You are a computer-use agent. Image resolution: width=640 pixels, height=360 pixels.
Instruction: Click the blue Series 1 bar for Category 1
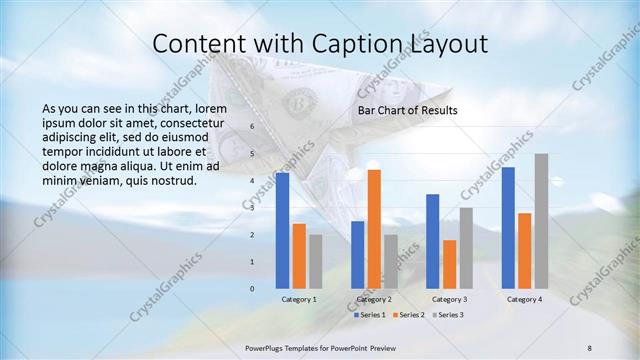point(282,230)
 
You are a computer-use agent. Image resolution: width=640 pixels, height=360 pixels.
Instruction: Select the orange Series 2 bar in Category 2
point(374,229)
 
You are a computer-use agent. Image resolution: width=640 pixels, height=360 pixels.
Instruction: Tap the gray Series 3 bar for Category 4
point(541,221)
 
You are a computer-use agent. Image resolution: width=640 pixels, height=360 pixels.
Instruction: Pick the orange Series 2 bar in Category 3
point(449,264)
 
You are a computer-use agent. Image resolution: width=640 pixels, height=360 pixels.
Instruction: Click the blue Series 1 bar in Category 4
point(508,227)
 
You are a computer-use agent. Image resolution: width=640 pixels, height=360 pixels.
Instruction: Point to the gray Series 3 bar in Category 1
point(315,261)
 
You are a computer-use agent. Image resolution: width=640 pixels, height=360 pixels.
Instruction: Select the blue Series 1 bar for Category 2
point(357,254)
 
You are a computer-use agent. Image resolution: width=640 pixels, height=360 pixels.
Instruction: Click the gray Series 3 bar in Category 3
point(466,248)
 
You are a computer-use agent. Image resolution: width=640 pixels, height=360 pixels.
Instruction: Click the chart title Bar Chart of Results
point(407,110)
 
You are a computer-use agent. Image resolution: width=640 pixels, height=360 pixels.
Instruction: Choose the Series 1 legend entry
point(374,315)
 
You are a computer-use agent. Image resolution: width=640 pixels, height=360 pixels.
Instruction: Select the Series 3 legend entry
point(447,315)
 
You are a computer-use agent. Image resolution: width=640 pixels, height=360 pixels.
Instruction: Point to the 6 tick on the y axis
point(252,127)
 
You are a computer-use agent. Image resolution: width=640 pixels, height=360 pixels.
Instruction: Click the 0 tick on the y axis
point(252,288)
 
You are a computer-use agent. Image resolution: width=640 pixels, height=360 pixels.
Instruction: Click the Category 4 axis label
point(524,299)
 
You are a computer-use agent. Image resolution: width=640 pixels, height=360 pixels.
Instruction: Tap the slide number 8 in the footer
point(590,347)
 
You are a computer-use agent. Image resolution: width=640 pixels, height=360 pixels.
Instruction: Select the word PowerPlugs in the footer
point(268,347)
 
